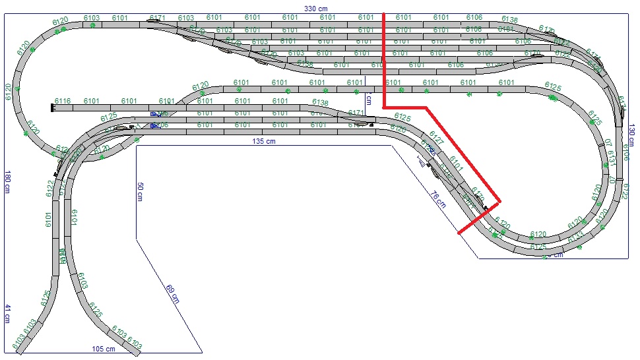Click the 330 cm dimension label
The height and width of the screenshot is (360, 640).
[315, 8]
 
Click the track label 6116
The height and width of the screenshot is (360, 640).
[62, 101]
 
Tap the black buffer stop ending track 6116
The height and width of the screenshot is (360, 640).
[51, 106]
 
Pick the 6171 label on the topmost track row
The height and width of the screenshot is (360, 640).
[157, 17]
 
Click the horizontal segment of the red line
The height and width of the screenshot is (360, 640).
[406, 106]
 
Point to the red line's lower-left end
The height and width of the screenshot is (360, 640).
[459, 233]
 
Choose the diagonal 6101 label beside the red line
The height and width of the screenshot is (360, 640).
[457, 164]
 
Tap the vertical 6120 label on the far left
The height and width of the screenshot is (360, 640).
[8, 92]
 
